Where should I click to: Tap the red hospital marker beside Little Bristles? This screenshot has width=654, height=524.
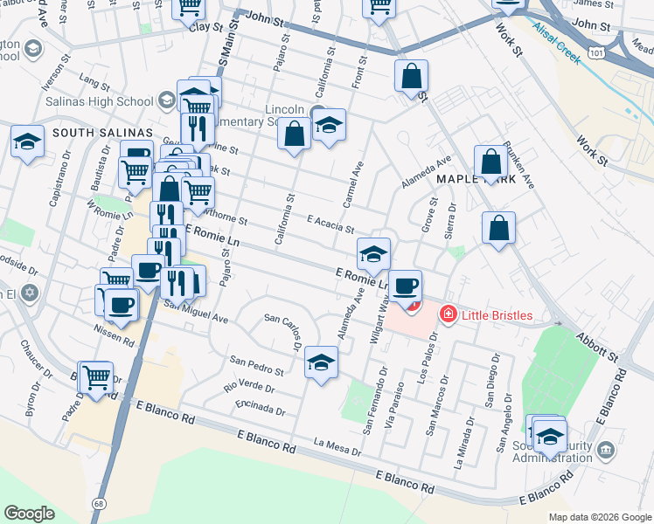448,313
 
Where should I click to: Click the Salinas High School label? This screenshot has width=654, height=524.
99,101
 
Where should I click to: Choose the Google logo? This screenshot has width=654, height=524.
30,513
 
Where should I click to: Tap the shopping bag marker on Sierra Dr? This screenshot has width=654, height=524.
497,229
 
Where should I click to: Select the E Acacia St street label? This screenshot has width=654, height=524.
330,224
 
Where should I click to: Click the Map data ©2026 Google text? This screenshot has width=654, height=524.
600,517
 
